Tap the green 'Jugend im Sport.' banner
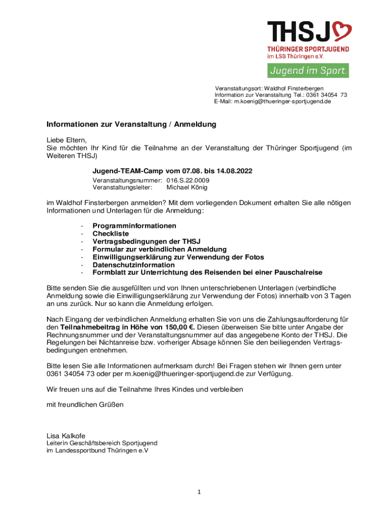[x=308, y=71]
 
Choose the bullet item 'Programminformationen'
[x=134, y=226]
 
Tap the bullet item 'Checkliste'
[x=111, y=234]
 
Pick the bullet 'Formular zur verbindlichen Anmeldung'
[x=160, y=249]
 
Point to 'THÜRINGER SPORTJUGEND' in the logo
[x=308, y=49]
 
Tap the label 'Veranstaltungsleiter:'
[x=122, y=187]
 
